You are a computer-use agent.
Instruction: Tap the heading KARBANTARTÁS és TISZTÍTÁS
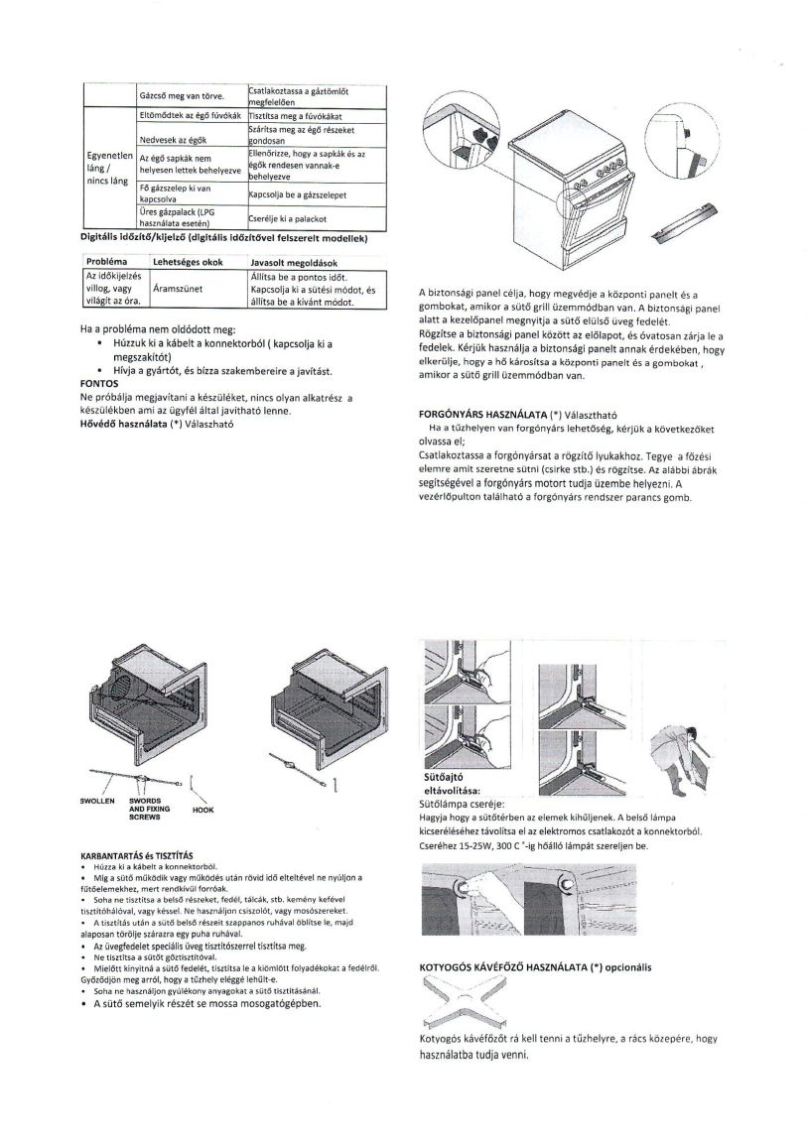point(135,854)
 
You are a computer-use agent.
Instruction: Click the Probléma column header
point(104,260)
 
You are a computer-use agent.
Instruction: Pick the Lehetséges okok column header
point(188,260)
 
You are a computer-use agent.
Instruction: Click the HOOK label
point(202,809)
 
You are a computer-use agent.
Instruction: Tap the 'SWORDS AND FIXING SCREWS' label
point(149,808)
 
